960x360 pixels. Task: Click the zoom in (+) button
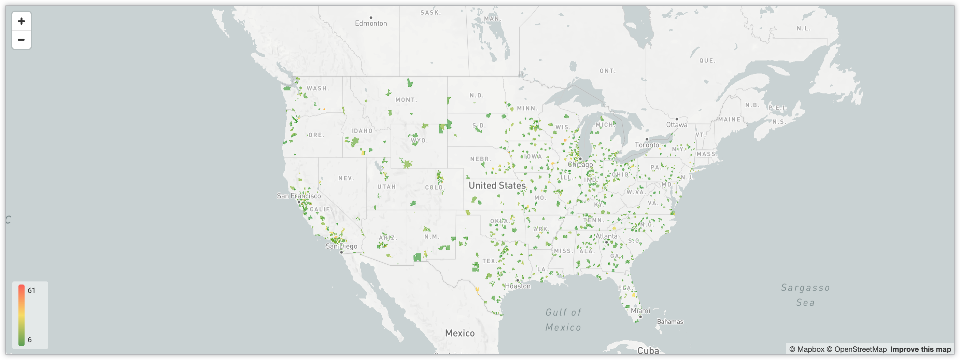click(21, 21)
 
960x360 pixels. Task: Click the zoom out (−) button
click(21, 40)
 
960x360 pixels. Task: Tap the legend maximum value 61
click(31, 291)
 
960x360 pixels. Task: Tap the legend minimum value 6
click(30, 340)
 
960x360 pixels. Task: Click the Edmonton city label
click(371, 23)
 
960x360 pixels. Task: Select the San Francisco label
click(298, 196)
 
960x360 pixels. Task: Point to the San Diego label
click(341, 246)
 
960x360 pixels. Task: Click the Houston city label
click(518, 286)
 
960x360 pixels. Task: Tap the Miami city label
click(640, 311)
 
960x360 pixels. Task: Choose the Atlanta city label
click(606, 236)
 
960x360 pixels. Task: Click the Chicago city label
click(580, 164)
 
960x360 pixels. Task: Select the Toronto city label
click(647, 145)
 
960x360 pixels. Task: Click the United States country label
click(497, 185)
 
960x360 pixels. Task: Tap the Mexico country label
click(460, 333)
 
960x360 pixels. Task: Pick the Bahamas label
click(670, 322)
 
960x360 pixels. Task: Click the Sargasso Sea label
click(805, 295)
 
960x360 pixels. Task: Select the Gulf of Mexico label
click(563, 320)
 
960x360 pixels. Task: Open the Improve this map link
click(920, 349)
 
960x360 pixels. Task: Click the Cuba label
click(648, 351)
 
